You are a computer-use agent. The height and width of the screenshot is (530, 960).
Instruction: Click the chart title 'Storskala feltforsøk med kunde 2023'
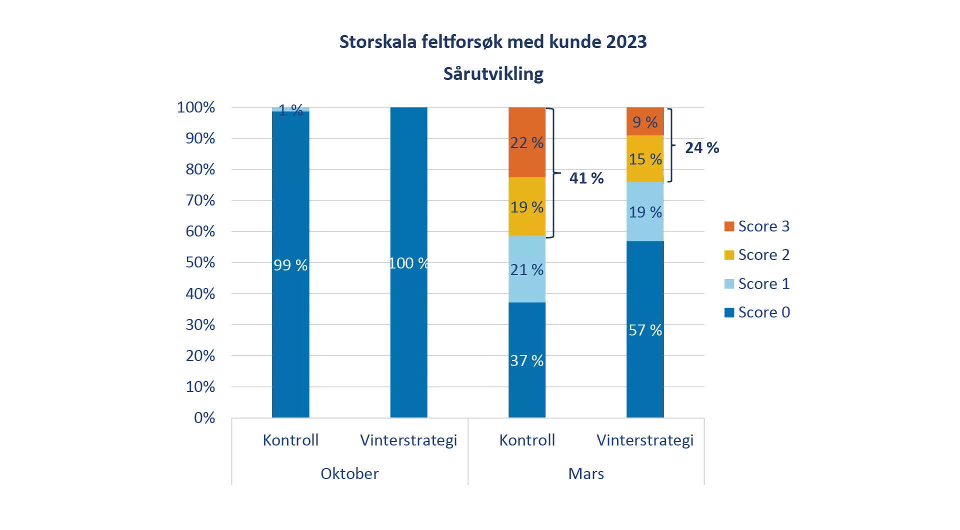[x=492, y=42]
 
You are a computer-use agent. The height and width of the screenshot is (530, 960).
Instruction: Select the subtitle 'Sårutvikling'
[x=493, y=74]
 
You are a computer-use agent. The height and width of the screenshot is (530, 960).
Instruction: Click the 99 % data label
[x=290, y=265]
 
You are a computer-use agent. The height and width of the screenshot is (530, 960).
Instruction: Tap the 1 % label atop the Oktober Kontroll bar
[x=290, y=109]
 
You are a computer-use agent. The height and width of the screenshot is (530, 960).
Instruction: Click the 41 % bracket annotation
[x=586, y=178]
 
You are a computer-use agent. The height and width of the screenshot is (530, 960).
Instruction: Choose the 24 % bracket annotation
[x=701, y=147]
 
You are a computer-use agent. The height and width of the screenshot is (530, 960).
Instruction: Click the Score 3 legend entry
[x=757, y=226]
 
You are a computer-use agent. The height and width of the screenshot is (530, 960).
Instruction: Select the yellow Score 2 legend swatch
[x=729, y=255]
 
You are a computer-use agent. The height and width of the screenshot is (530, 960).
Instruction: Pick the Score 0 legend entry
[x=757, y=312]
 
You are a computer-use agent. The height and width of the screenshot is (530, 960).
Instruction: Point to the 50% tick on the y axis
[x=200, y=262]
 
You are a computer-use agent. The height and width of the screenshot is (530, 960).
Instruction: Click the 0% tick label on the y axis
[x=204, y=417]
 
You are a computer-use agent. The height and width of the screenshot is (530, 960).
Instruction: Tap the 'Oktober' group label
[x=349, y=473]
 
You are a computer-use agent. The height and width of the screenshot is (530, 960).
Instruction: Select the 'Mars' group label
[x=586, y=473]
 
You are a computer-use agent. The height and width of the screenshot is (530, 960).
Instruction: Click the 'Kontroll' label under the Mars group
[x=527, y=440]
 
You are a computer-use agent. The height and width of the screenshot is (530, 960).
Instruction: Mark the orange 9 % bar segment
[x=645, y=121]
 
